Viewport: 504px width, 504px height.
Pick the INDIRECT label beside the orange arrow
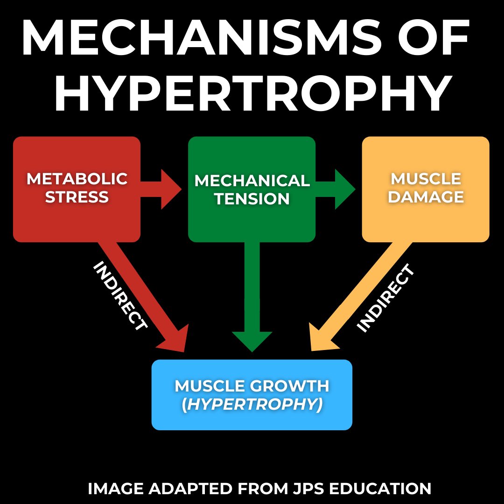tap(385, 299)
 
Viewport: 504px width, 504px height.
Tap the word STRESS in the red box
tap(77, 197)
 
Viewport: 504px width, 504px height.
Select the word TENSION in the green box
tap(252, 199)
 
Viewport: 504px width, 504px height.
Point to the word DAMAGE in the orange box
tap(426, 197)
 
